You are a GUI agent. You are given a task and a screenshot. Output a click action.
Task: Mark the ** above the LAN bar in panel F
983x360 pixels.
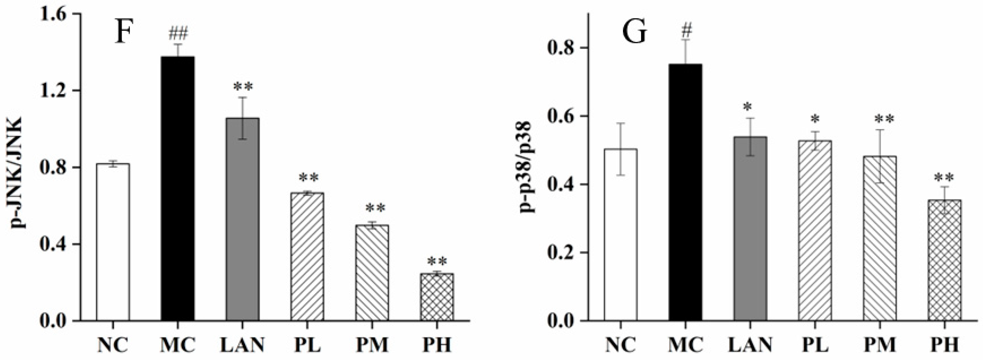[243, 87]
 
